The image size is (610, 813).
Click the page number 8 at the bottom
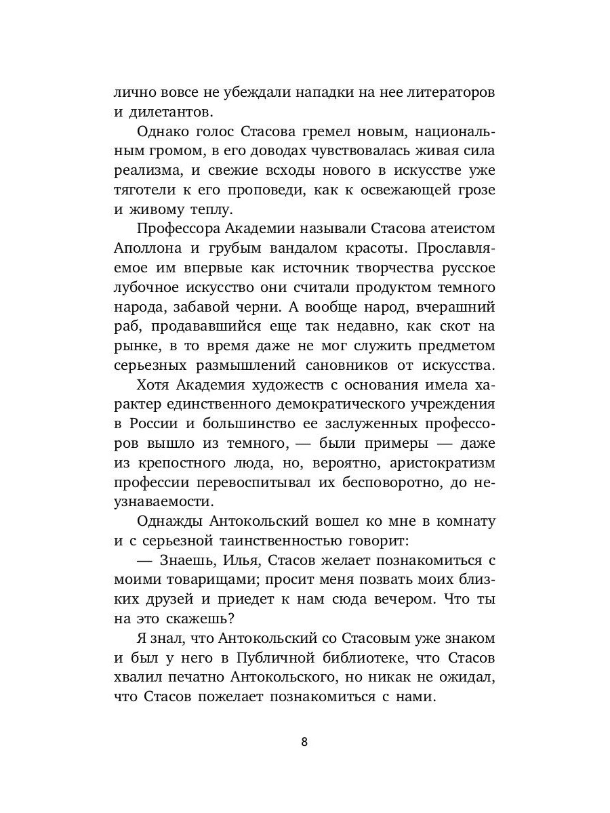[304, 741]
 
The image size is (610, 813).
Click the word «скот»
[438, 327]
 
